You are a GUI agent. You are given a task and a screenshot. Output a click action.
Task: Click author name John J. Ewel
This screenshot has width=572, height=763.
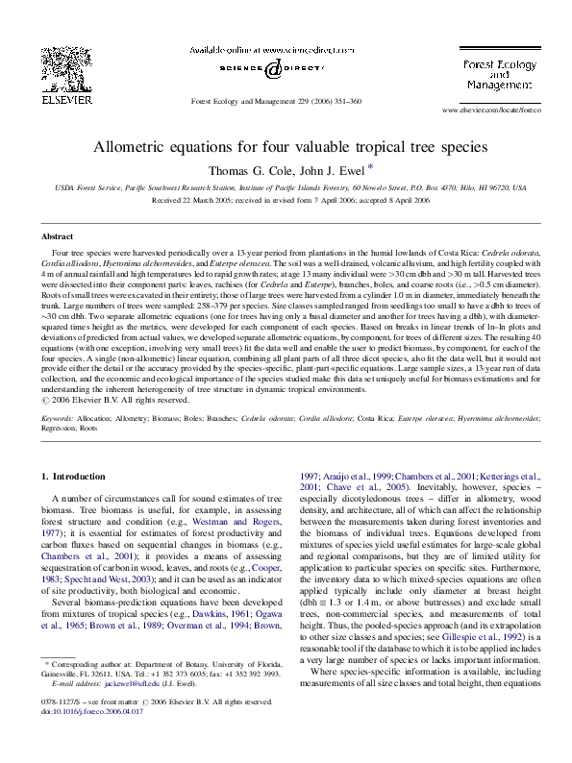tap(325, 170)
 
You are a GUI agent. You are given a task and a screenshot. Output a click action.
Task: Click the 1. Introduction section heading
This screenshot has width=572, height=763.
tap(79, 477)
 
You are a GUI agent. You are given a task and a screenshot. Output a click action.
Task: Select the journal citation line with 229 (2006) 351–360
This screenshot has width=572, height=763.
tap(277, 101)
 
